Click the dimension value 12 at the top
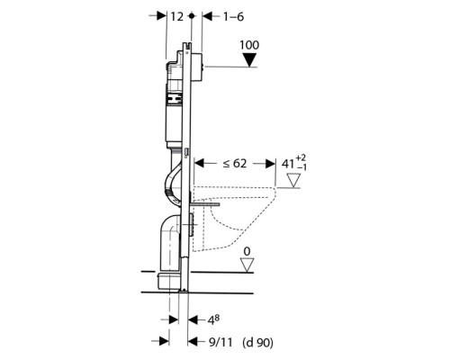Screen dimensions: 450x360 coord(177,16)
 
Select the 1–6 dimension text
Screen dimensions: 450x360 coord(233,17)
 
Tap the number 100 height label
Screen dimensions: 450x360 coord(249,45)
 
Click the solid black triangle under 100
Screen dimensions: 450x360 coord(249,60)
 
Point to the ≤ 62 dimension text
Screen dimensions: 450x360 coord(235,164)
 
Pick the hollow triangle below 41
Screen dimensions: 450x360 coord(293,181)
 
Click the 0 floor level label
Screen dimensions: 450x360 coord(247,251)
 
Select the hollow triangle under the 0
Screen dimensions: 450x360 coord(247,265)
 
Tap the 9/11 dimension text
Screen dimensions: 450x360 coord(220,342)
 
